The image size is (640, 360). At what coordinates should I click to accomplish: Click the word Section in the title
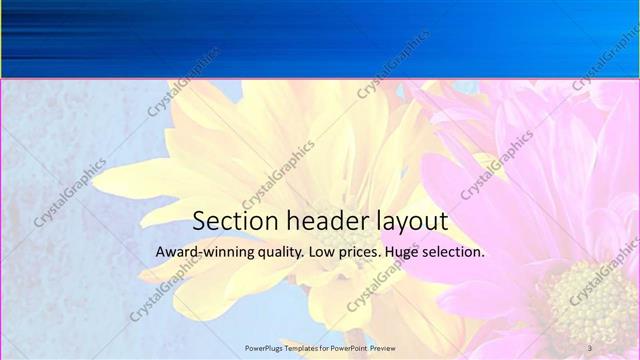tap(232, 221)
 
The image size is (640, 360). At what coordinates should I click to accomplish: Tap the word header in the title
tap(325, 221)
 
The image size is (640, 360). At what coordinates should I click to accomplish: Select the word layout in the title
tap(410, 223)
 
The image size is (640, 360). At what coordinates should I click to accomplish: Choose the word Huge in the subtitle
tap(405, 253)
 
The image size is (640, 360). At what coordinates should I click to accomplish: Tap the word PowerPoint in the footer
tap(351, 347)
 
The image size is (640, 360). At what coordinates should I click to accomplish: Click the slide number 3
tap(590, 347)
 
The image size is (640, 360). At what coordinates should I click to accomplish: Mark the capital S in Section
tap(199, 221)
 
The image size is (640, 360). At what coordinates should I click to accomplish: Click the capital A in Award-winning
tap(160, 252)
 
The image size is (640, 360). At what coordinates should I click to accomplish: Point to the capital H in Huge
tap(393, 252)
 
